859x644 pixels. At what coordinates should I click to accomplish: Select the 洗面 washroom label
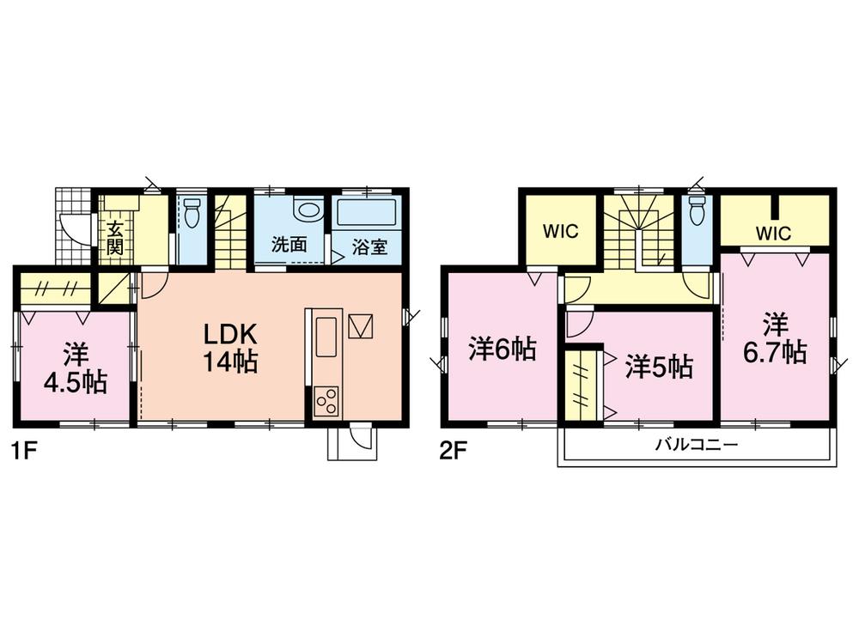pos(289,244)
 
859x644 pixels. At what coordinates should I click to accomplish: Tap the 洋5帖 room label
pos(659,367)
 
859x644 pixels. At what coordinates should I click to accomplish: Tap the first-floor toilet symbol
pos(192,212)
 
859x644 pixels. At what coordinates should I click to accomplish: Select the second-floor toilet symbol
pos(696,210)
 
